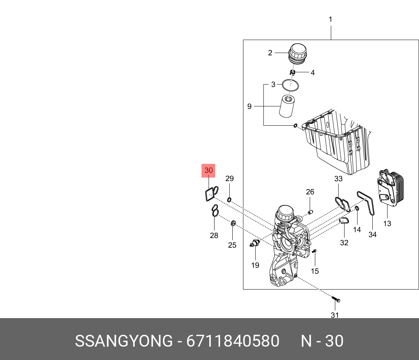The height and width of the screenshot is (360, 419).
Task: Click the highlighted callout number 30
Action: point(209,171)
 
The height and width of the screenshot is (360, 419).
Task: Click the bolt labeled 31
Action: point(336,299)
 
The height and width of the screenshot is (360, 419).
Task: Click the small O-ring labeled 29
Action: point(229,201)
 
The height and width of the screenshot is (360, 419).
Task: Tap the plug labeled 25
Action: point(233,223)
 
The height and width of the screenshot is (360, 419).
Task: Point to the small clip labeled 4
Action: point(292,72)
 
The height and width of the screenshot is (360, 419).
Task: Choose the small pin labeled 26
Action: point(311,212)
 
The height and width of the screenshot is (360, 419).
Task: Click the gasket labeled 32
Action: point(344,221)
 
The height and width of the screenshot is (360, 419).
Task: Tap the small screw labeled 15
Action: point(314,252)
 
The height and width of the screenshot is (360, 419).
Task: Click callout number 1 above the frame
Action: point(330,19)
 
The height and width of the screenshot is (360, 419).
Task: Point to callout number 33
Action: point(338,179)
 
